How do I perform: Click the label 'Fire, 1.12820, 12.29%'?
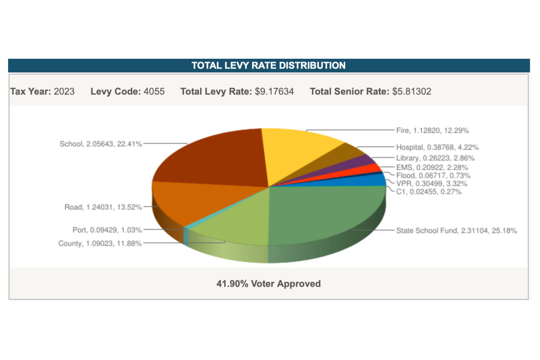pyautogui.click(x=432, y=131)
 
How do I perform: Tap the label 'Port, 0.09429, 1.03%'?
pyautogui.click(x=107, y=230)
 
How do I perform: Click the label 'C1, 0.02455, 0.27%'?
pyautogui.click(x=429, y=192)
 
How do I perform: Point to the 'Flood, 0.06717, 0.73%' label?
pyautogui.click(x=433, y=176)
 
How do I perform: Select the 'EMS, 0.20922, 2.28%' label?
pyautogui.click(x=432, y=168)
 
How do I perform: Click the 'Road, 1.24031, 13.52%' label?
pyautogui.click(x=103, y=207)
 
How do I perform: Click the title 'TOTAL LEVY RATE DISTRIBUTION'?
pyautogui.click(x=269, y=66)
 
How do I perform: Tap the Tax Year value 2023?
pyautogui.click(x=64, y=92)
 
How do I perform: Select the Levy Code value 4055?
pyautogui.click(x=154, y=92)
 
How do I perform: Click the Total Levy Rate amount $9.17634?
pyautogui.click(x=274, y=92)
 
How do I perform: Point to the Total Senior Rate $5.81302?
pyautogui.click(x=412, y=92)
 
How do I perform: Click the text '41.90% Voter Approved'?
pyautogui.click(x=269, y=284)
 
